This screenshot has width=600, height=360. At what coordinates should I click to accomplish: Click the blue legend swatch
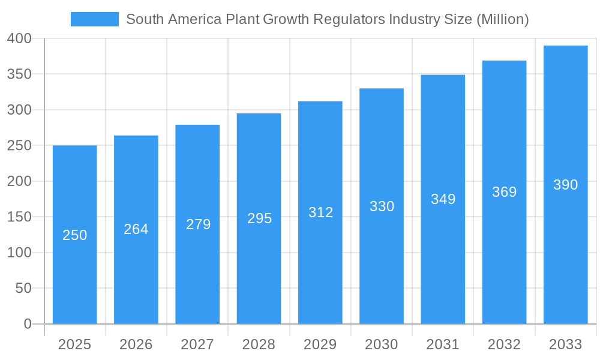pos(94,19)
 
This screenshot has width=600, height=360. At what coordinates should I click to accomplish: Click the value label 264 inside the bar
pos(136,229)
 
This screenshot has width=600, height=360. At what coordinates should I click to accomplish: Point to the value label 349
pos(443,199)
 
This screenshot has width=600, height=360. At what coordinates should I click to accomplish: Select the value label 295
pos(259,218)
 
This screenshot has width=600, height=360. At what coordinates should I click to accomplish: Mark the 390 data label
pos(565,185)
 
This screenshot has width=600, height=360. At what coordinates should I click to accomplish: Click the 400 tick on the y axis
pos(19,38)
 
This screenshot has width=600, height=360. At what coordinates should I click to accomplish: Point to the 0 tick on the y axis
pos(28,324)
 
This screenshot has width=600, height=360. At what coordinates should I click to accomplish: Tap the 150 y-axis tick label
pos(19,217)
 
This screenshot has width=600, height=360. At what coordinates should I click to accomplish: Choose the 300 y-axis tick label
pos(19,110)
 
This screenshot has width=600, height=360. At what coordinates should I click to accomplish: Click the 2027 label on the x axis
pos(197,344)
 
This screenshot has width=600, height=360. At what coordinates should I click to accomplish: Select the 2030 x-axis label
pos(382,344)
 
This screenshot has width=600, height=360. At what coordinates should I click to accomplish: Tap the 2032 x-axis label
pos(504,344)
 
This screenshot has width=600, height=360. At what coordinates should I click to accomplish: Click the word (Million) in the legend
pos(502,19)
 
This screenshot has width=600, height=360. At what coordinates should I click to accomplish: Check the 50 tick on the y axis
pos(23,289)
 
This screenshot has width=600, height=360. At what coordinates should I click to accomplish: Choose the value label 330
pos(382,206)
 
